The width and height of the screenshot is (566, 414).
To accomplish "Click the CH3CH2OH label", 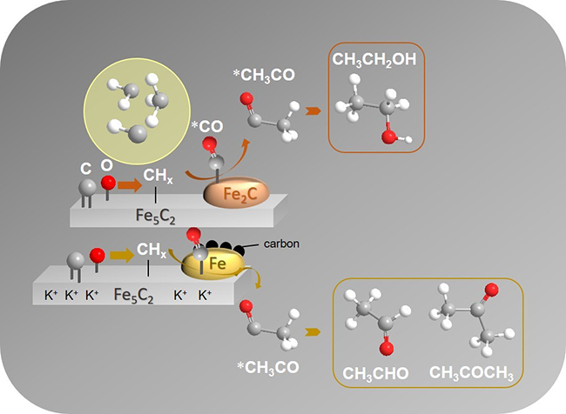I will point(374,60).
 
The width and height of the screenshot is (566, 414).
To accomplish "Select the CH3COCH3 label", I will point(470,375).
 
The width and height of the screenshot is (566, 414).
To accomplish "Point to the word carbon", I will point(281,245).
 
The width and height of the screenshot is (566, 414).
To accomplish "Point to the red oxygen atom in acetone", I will point(491,290).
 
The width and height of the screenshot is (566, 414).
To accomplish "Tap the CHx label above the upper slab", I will point(156,177).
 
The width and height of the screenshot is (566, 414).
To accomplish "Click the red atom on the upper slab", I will point(108,184).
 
